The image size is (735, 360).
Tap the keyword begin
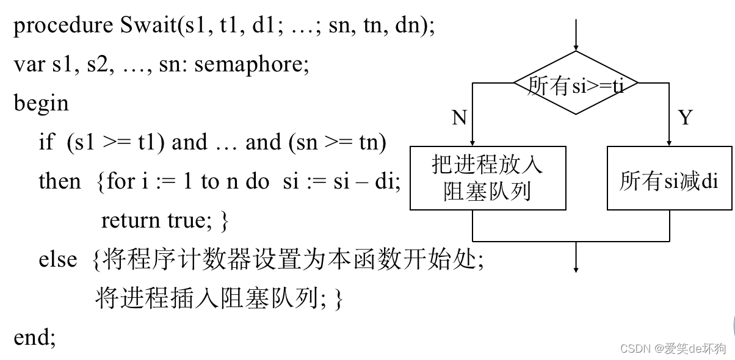[41, 104]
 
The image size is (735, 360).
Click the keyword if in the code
[46, 142]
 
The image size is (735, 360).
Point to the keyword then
[59, 181]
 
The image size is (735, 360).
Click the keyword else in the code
[58, 259]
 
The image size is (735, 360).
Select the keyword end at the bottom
[33, 337]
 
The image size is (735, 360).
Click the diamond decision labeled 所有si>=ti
[575, 84]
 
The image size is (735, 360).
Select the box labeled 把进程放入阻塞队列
[487, 178]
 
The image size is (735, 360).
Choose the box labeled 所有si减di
[669, 181]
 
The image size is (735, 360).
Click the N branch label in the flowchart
[459, 118]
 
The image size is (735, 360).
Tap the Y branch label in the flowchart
[686, 118]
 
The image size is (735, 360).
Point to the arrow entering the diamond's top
[575, 37]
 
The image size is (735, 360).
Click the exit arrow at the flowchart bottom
[575, 256]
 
